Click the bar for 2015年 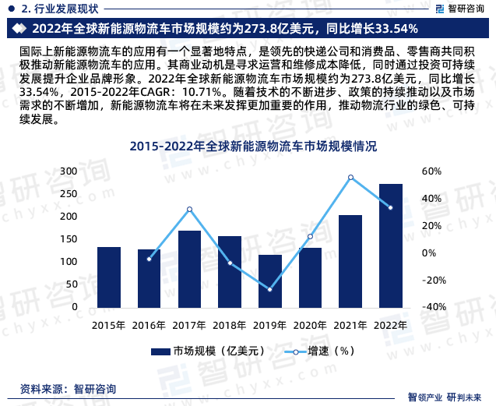click(109, 277)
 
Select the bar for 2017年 click(189, 269)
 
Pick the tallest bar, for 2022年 click(391, 245)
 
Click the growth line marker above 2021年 click(350, 178)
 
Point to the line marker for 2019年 click(269, 290)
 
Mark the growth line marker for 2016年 click(149, 259)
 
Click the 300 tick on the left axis click(69, 171)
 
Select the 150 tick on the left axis click(69, 239)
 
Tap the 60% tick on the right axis click(431, 171)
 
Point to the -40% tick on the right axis click(433, 307)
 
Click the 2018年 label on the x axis click(230, 325)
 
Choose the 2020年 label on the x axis click(310, 325)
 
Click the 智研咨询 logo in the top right click(456, 9)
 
